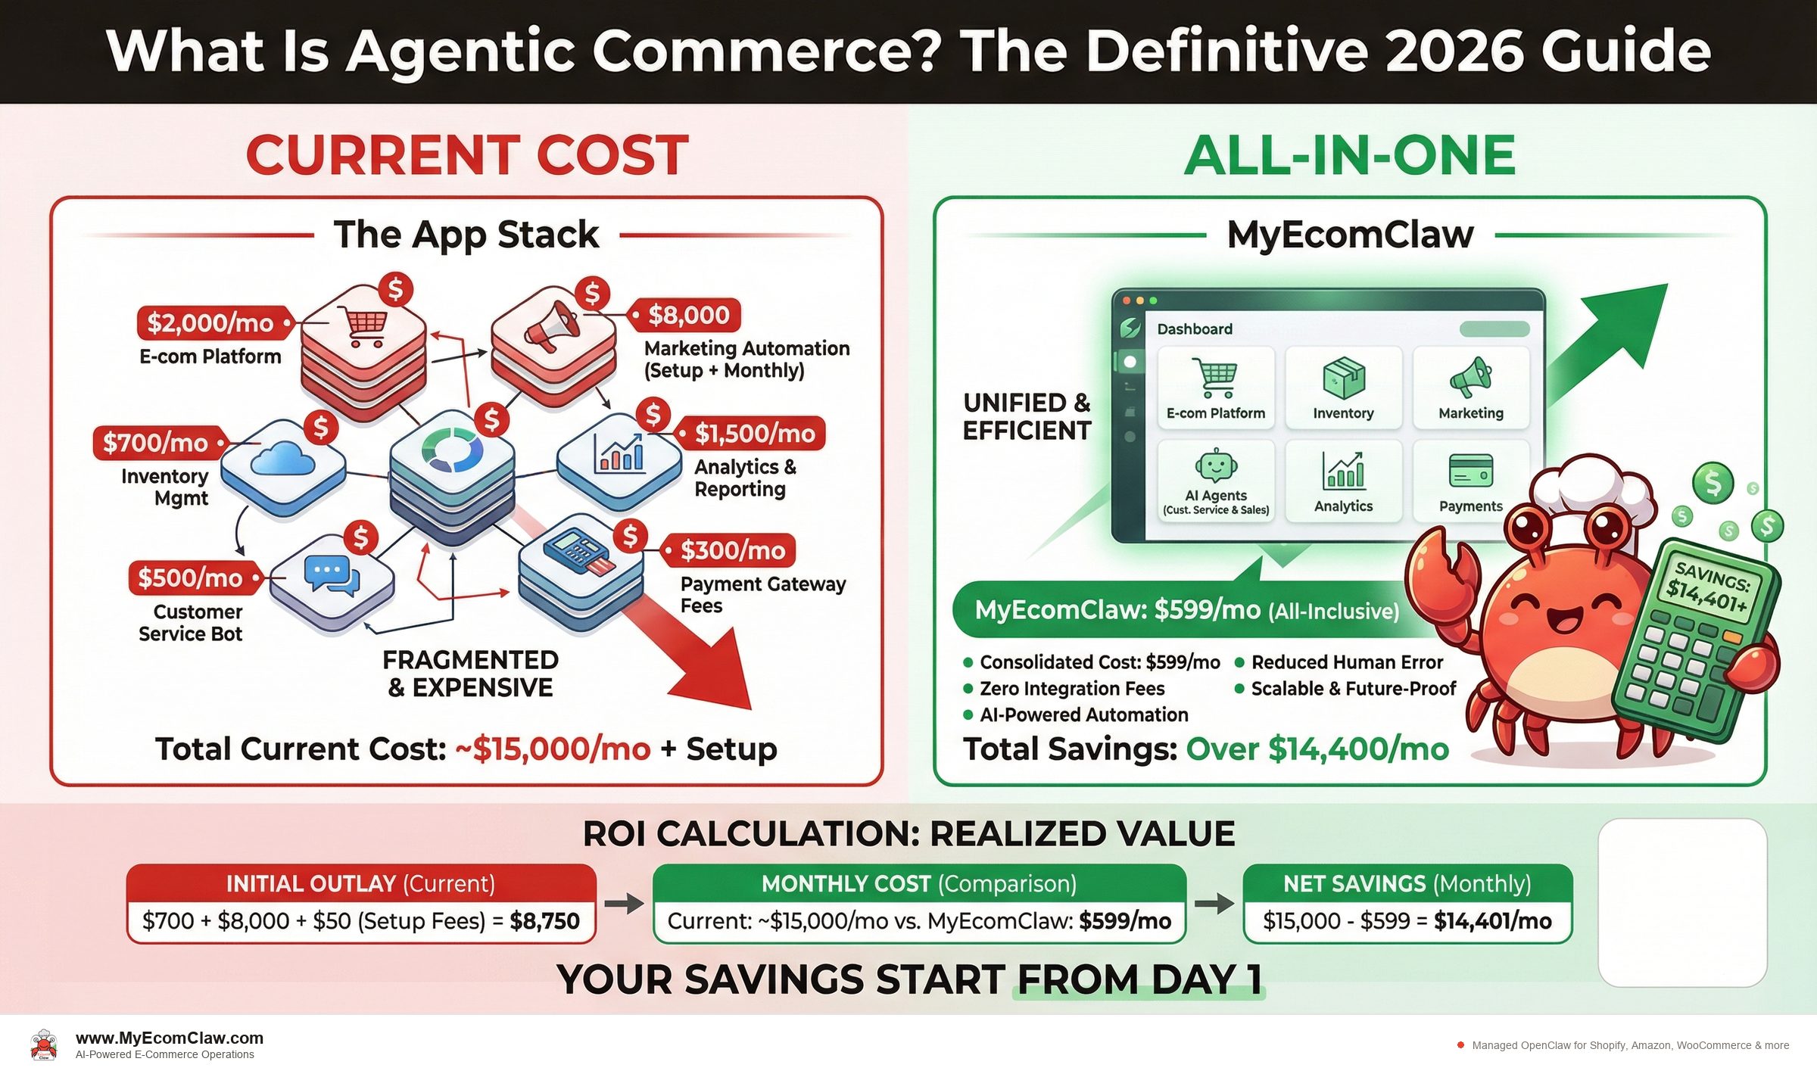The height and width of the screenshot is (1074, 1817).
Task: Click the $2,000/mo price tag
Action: pyautogui.click(x=210, y=323)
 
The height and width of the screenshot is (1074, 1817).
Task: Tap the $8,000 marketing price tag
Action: pyautogui.click(x=688, y=315)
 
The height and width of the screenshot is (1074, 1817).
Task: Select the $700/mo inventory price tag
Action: pyautogui.click(x=155, y=443)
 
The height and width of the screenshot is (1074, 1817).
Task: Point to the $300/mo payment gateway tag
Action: pyautogui.click(x=732, y=550)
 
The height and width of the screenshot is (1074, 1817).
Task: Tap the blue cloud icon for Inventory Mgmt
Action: pyautogui.click(x=282, y=459)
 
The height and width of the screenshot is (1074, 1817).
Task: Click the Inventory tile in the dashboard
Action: pyautogui.click(x=1343, y=388)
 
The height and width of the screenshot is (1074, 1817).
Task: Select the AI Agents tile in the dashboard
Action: pyautogui.click(x=1215, y=481)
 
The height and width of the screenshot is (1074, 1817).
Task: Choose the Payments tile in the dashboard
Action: pyautogui.click(x=1470, y=481)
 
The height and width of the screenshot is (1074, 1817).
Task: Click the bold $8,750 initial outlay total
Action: pyautogui.click(x=544, y=921)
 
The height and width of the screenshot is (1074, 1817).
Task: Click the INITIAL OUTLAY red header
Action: pyautogui.click(x=360, y=883)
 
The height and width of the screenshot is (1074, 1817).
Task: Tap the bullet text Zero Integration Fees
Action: pyautogui.click(x=1071, y=689)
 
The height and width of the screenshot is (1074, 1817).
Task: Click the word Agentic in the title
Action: pyautogui.click(x=460, y=51)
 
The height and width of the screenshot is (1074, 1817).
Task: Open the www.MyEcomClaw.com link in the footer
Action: pyautogui.click(x=170, y=1038)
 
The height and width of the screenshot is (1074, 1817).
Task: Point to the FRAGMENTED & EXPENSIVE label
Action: pyautogui.click(x=470, y=674)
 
